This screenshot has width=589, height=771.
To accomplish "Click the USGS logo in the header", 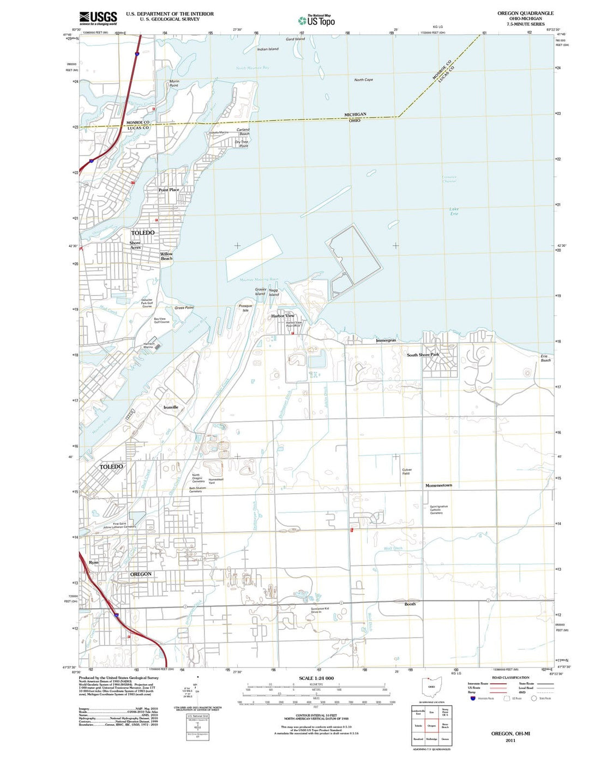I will click(x=98, y=18).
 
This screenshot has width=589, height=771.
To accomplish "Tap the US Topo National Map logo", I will click(x=316, y=21).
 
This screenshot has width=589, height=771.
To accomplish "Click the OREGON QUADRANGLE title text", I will click(x=525, y=13).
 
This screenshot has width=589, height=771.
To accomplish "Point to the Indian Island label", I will click(x=268, y=49).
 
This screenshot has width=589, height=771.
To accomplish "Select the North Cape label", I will click(x=364, y=80).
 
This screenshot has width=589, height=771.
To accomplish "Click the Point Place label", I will click(x=169, y=190).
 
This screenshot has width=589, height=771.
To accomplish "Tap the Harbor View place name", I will click(x=283, y=315).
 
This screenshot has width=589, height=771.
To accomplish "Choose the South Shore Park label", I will click(x=423, y=355).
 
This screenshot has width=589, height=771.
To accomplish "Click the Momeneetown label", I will click(x=438, y=485).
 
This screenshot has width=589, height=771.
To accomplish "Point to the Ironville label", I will click(x=171, y=407).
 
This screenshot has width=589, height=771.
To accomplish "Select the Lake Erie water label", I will click(x=454, y=211).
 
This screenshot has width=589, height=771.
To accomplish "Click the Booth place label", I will click(x=410, y=604).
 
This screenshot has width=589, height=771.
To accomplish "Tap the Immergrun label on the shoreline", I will click(x=386, y=340).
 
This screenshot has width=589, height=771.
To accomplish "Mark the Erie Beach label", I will click(x=545, y=358).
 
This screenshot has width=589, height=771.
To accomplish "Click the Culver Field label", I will click(x=407, y=471).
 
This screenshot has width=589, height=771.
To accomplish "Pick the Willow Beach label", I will click(x=166, y=256).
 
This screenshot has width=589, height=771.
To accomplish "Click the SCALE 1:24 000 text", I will click(x=316, y=678).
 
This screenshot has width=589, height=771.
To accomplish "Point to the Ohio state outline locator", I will click(x=431, y=687).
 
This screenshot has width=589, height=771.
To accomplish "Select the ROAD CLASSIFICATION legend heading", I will click(x=510, y=678).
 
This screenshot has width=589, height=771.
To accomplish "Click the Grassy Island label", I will click(x=261, y=292).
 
